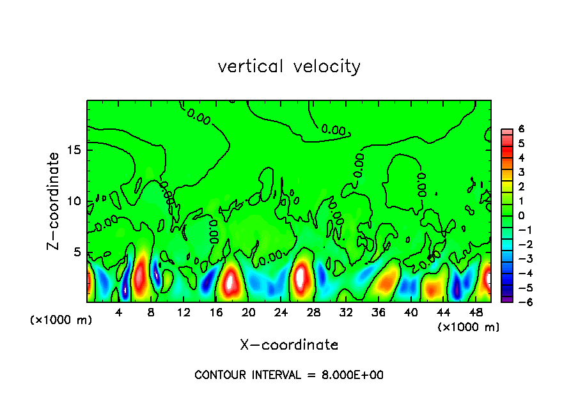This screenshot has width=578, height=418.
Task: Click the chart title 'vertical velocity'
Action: (289, 66)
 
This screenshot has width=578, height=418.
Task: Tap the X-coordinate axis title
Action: (289, 344)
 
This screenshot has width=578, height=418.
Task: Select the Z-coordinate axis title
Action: (54, 201)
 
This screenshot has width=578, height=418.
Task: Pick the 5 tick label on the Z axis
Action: (75, 251)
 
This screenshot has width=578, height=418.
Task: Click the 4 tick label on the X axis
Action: (119, 313)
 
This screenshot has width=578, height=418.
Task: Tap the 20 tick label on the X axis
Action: (248, 313)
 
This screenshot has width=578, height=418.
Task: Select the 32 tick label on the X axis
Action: (346, 313)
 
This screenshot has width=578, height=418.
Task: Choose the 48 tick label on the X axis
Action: (475, 313)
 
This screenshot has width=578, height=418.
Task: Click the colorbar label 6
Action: (521, 128)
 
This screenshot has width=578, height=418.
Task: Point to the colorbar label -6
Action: (519, 302)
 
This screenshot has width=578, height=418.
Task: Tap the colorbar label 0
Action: (521, 215)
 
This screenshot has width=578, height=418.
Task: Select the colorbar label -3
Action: (519, 259)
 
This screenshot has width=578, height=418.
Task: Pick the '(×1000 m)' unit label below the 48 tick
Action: (469, 327)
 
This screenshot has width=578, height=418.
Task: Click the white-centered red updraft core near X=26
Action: (301, 277)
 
